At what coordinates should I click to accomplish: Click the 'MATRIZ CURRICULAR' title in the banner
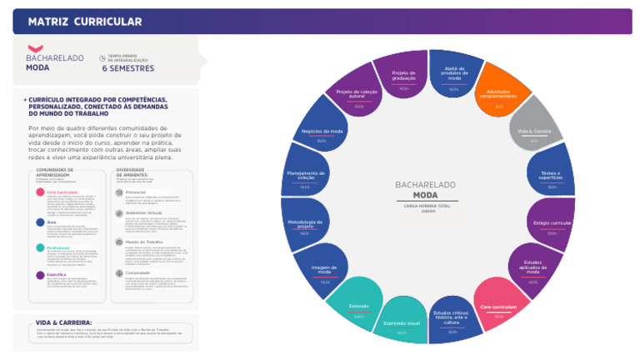85,22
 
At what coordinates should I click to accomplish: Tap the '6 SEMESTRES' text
128,68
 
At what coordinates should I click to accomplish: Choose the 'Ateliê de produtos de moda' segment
453,77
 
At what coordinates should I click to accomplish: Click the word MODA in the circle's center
424,194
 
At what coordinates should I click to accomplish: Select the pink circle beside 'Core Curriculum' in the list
41,192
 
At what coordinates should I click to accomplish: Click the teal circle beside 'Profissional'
41,247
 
